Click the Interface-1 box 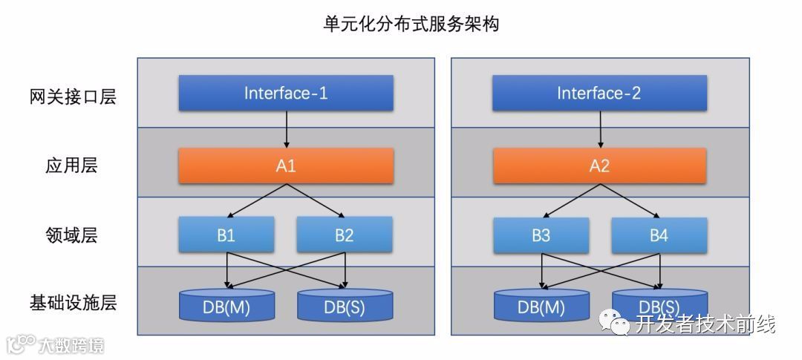286,94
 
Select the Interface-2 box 599,94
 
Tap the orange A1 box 286,166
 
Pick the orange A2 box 599,166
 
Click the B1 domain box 226,235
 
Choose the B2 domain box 345,235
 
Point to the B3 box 541,235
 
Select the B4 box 659,235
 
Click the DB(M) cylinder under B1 226,306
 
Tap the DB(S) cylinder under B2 345,306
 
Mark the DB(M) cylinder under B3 541,306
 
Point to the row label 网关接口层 72,96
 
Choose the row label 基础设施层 72,303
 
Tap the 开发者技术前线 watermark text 705,324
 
